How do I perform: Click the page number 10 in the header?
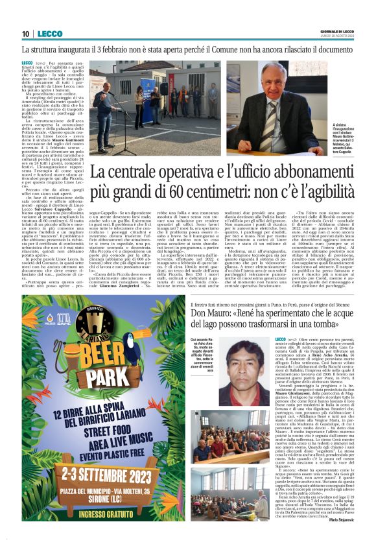click(25, 34)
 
